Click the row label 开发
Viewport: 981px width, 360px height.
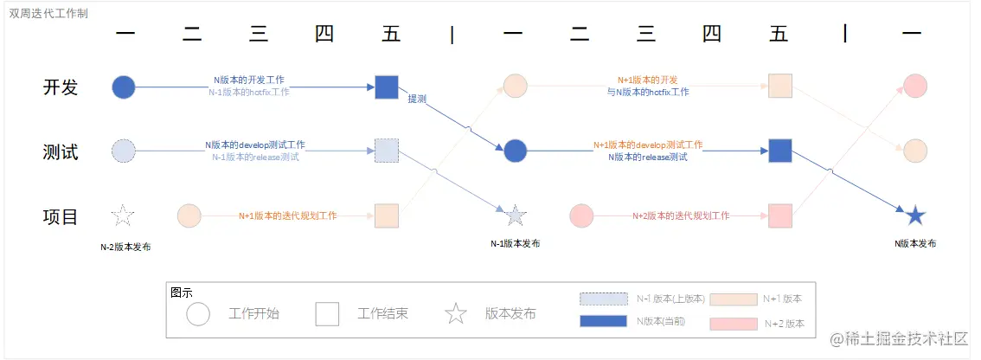pos(61,87)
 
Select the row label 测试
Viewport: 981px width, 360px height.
pos(61,152)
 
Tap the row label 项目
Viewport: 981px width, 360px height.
pos(61,216)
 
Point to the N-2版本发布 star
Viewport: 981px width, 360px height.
pos(124,215)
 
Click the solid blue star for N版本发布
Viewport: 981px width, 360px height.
pos(915,215)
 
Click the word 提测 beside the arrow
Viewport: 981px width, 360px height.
pos(419,99)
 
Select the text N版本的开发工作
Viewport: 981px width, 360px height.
pos(249,80)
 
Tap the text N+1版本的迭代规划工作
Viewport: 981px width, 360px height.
pos(288,215)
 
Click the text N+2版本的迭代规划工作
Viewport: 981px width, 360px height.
pos(681,215)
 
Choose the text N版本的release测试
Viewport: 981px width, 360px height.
pos(647,157)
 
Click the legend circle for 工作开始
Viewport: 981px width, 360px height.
pos(199,313)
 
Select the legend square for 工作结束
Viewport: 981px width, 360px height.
pos(327,313)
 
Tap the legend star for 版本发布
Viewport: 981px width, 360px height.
pos(456,313)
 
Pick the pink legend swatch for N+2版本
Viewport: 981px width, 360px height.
pos(733,324)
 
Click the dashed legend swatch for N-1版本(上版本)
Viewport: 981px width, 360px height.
pos(603,299)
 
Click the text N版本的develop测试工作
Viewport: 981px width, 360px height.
pos(255,145)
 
